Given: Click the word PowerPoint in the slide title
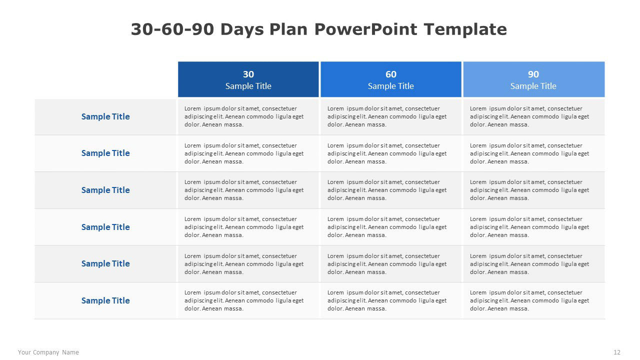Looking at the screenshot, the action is (365, 29).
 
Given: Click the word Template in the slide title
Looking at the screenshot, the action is (465, 29).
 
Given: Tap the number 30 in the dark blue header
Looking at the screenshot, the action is (248, 74).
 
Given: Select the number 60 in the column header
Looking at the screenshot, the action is (391, 74).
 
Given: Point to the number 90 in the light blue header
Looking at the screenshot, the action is (533, 74).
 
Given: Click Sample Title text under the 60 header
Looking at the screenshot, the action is (391, 86).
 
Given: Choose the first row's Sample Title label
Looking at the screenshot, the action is (105, 116).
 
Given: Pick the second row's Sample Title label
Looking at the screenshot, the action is (105, 153).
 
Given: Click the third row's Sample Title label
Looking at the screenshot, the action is (105, 190).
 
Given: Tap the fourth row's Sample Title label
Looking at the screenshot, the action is (105, 227).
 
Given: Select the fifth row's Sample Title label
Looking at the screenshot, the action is (105, 263).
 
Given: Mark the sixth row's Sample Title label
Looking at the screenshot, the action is (105, 300).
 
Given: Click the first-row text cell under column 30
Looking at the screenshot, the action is (244, 116).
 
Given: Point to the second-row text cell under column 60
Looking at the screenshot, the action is (387, 153).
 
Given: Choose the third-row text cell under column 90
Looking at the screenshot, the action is (529, 190).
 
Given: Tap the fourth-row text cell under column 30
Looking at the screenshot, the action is (244, 227).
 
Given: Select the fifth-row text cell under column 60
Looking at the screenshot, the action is (387, 264).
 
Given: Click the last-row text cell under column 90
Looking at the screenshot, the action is (529, 300).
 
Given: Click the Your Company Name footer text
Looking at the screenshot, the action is (48, 352).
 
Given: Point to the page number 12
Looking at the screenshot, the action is (617, 352).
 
